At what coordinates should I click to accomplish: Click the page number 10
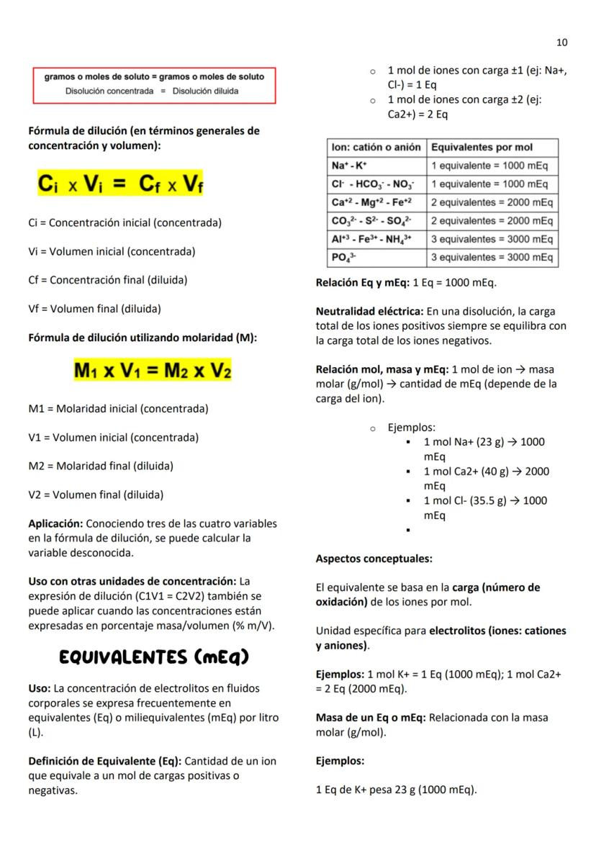coord(561,42)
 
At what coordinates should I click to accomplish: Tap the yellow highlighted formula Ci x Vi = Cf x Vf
coord(121,184)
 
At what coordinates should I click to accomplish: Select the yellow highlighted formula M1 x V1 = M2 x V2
coord(153,371)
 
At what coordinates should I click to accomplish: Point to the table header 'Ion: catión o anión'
coord(376,147)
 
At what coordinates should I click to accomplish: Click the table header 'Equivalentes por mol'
coord(481,147)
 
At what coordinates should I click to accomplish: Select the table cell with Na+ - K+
coord(376,166)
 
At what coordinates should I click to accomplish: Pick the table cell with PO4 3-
coord(376,257)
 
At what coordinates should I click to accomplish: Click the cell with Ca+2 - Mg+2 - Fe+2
coord(376,202)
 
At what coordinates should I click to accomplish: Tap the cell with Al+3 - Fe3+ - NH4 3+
coord(376,239)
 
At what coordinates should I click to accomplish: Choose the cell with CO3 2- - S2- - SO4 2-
coord(376,220)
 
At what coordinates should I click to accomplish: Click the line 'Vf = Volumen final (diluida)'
coord(94,309)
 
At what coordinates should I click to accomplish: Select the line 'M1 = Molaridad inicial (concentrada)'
coord(118,409)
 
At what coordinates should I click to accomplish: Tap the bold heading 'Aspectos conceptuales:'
coord(374,559)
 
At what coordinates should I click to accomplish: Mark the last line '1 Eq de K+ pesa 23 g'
coord(396,790)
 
